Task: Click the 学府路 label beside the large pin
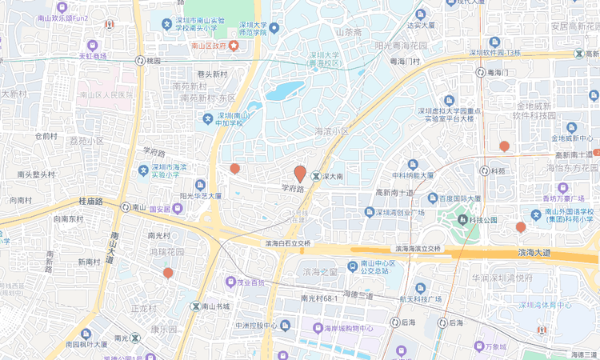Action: tap(293, 189)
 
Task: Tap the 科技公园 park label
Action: tap(483, 219)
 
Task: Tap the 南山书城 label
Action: tap(215, 306)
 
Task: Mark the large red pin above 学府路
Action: tap(300, 173)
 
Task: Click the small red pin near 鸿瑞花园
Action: tap(168, 273)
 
